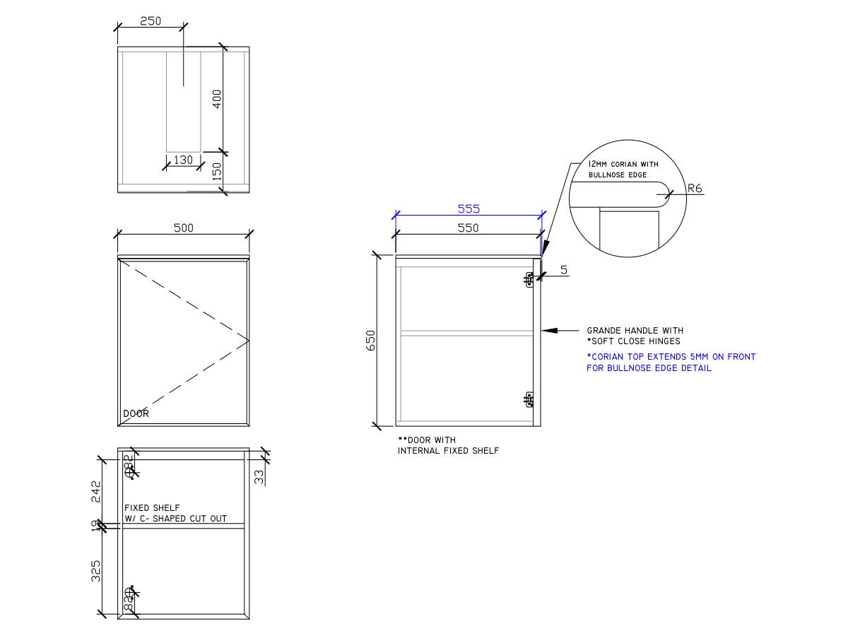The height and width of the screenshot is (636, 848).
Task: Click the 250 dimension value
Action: [x=150, y=21]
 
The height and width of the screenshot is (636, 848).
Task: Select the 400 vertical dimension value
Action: [x=217, y=98]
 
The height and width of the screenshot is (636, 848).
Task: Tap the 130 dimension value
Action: [x=183, y=160]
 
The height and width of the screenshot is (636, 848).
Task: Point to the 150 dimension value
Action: [x=217, y=171]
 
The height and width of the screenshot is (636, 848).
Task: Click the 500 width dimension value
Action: [x=183, y=228]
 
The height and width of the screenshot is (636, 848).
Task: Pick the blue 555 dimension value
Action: [x=469, y=208]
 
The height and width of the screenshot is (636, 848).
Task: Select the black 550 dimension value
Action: [x=468, y=228]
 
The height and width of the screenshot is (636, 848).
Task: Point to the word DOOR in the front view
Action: [x=136, y=413]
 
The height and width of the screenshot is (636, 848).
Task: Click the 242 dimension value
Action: [x=97, y=491]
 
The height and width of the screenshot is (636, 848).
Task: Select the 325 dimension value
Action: [x=97, y=570]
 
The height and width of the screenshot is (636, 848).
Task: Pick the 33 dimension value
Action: [x=259, y=477]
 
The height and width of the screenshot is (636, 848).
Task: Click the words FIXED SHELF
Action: [x=152, y=507]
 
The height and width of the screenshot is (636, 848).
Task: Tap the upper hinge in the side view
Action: [x=529, y=280]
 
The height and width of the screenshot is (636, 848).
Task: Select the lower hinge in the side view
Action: [x=529, y=400]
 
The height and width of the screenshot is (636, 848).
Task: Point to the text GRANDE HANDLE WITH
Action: [x=635, y=330]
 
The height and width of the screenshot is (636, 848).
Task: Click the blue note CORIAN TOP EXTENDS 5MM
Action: [x=671, y=357]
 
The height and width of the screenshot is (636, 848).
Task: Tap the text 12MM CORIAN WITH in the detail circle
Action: [x=623, y=164]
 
